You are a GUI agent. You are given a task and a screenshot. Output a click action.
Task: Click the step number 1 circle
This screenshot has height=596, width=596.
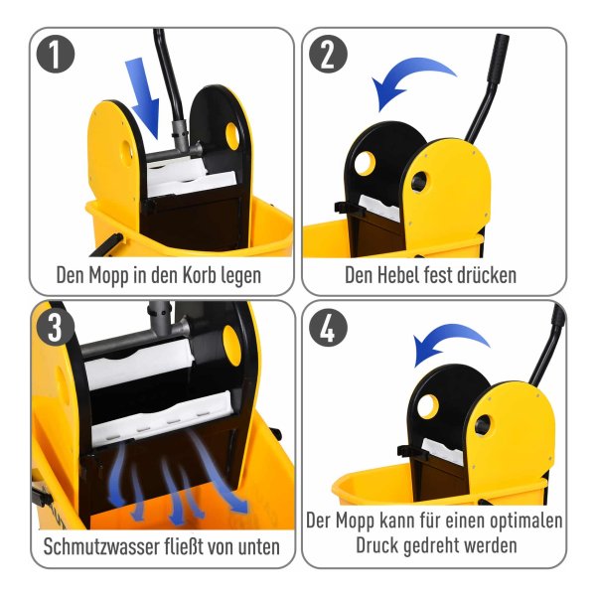[x=55, y=54]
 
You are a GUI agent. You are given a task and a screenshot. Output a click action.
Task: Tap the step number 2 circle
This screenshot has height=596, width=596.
[x=328, y=54]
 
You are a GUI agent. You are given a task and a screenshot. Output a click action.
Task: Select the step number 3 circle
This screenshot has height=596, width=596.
[x=55, y=327]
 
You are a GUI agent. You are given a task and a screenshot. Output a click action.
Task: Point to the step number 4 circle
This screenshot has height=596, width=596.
[x=328, y=327]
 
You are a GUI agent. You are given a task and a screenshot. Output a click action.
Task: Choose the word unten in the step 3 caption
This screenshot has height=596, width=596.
[x=259, y=547]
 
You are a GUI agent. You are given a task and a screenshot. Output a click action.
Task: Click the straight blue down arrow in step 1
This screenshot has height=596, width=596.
[x=144, y=97]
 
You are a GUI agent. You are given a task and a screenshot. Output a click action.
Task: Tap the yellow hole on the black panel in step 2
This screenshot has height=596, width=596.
[x=365, y=164]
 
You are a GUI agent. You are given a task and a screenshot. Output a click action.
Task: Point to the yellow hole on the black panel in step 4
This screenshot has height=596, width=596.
[x=428, y=406]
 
